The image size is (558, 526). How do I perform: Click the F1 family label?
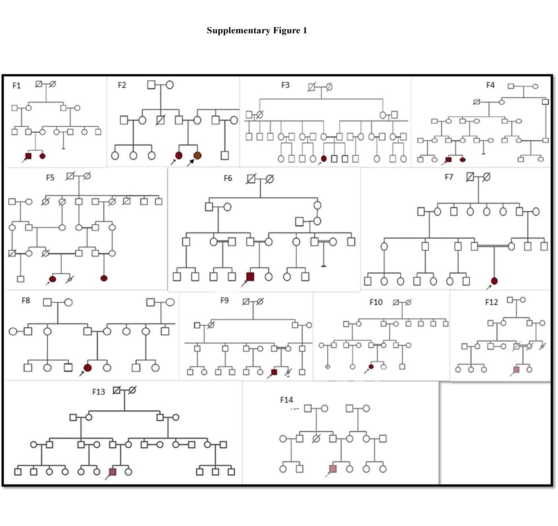(17, 86)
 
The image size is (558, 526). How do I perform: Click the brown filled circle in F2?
(197, 156)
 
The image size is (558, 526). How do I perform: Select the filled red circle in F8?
(88, 368)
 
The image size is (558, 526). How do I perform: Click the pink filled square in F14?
(333, 469)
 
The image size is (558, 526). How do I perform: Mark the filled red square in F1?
(28, 156)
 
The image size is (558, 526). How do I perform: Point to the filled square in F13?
(113, 472)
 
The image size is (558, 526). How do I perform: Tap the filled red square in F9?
(274, 372)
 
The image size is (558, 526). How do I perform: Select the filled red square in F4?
(448, 160)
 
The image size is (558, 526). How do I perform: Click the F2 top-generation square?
(151, 85)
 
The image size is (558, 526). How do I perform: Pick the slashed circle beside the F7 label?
(486, 177)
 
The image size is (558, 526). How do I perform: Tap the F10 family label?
(376, 302)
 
